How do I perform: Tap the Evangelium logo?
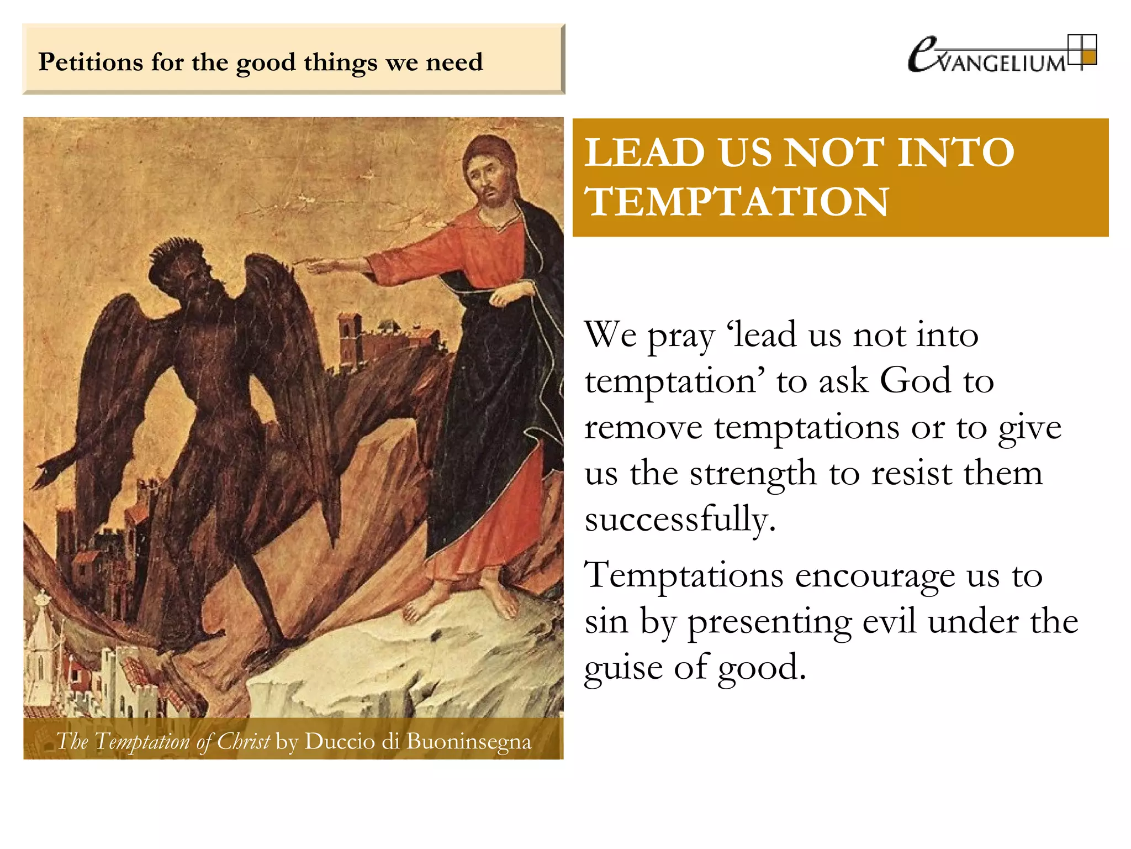point(1001,54)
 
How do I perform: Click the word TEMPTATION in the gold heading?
point(737,202)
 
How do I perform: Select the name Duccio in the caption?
point(340,741)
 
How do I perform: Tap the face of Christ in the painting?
point(487,177)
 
